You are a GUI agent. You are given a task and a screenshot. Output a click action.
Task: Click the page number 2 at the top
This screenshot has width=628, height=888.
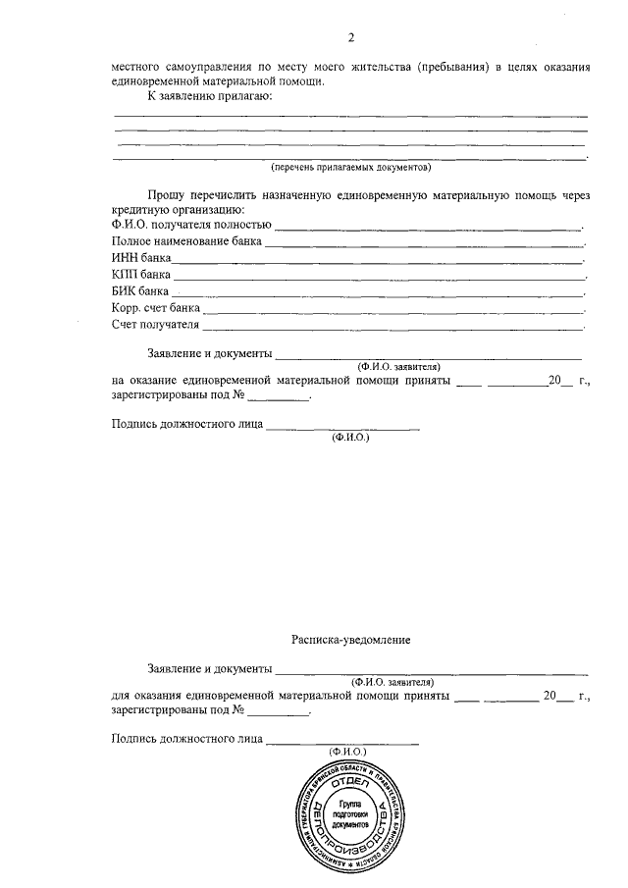pyautogui.click(x=350, y=38)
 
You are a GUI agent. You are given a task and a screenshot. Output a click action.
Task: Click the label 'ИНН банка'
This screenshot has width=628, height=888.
pyautogui.click(x=142, y=258)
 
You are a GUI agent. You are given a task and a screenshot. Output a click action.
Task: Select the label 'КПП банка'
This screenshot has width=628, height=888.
pyautogui.click(x=142, y=275)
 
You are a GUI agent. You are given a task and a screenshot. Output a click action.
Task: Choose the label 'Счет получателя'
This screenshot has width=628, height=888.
pyautogui.click(x=156, y=325)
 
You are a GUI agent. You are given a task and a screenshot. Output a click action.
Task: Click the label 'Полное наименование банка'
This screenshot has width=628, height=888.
pyautogui.click(x=186, y=241)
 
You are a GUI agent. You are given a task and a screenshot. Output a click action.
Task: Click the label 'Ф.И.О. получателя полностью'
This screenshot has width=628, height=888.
pyautogui.click(x=191, y=225)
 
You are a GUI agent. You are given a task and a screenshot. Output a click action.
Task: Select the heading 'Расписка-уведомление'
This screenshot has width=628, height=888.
pyautogui.click(x=350, y=639)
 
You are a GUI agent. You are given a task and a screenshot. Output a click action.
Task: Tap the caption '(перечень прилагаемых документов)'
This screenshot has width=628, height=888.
pyautogui.click(x=350, y=168)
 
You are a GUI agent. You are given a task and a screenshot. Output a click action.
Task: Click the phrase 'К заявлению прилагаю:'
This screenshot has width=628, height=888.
pyautogui.click(x=209, y=97)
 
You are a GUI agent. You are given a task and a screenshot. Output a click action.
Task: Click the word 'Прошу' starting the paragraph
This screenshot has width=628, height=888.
pyautogui.click(x=164, y=196)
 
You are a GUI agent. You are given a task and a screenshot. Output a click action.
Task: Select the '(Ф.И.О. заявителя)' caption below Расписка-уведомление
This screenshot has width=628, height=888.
pyautogui.click(x=392, y=681)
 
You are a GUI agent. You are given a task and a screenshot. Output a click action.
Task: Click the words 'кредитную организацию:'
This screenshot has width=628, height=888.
pyautogui.click(x=178, y=210)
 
